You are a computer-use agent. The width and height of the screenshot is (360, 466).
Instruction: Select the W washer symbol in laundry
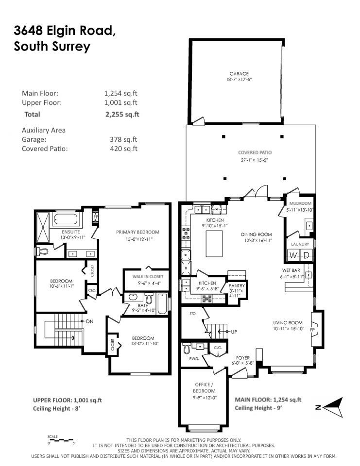point(293,255)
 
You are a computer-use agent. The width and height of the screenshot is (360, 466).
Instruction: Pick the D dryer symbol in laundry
point(306,255)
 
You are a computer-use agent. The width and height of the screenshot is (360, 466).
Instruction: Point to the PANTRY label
point(237,286)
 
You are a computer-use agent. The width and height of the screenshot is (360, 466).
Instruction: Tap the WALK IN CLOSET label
point(144,276)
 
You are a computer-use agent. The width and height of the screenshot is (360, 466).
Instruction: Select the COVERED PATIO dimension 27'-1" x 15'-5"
point(251,159)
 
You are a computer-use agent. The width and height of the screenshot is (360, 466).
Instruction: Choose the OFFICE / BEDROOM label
point(204,388)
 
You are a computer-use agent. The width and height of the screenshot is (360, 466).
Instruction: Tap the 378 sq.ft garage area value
point(124,139)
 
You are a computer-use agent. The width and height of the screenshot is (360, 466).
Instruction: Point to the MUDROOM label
point(298,203)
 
